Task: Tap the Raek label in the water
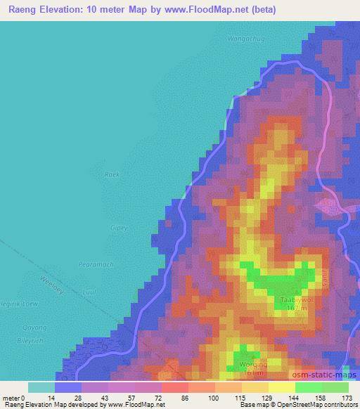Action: click(111, 174)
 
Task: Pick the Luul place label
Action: click(89, 290)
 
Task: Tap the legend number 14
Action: click(51, 398)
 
